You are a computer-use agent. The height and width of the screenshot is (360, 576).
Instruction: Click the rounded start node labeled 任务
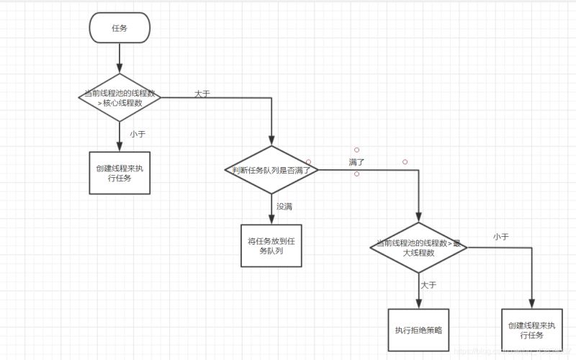(x=120, y=27)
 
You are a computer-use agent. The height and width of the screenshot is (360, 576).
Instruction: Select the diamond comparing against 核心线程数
(x=120, y=97)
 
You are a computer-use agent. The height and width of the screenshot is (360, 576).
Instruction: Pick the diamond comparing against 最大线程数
(x=418, y=248)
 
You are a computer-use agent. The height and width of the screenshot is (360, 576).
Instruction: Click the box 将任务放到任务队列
(x=271, y=246)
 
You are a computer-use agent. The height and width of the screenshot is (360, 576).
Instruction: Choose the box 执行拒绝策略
(x=418, y=330)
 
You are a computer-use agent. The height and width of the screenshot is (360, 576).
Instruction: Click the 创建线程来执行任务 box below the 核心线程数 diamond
(x=120, y=172)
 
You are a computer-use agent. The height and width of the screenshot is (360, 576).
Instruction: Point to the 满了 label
(x=356, y=162)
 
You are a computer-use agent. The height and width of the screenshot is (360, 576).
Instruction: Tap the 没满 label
(x=284, y=206)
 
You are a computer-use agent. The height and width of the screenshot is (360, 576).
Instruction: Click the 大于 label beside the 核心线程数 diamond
(x=202, y=94)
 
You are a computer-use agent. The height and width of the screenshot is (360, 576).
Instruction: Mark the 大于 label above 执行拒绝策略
(x=428, y=285)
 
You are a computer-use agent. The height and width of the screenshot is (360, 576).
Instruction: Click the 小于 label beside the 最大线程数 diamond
(x=501, y=236)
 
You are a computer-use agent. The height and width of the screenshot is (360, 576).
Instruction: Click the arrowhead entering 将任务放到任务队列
(x=271, y=220)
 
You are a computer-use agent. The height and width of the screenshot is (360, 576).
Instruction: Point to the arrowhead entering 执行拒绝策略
(x=418, y=304)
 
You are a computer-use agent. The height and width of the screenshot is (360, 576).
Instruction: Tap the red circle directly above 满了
(x=356, y=150)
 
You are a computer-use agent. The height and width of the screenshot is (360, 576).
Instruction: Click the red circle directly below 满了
(x=356, y=174)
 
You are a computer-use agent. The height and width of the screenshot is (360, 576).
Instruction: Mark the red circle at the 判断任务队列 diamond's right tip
(x=309, y=162)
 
